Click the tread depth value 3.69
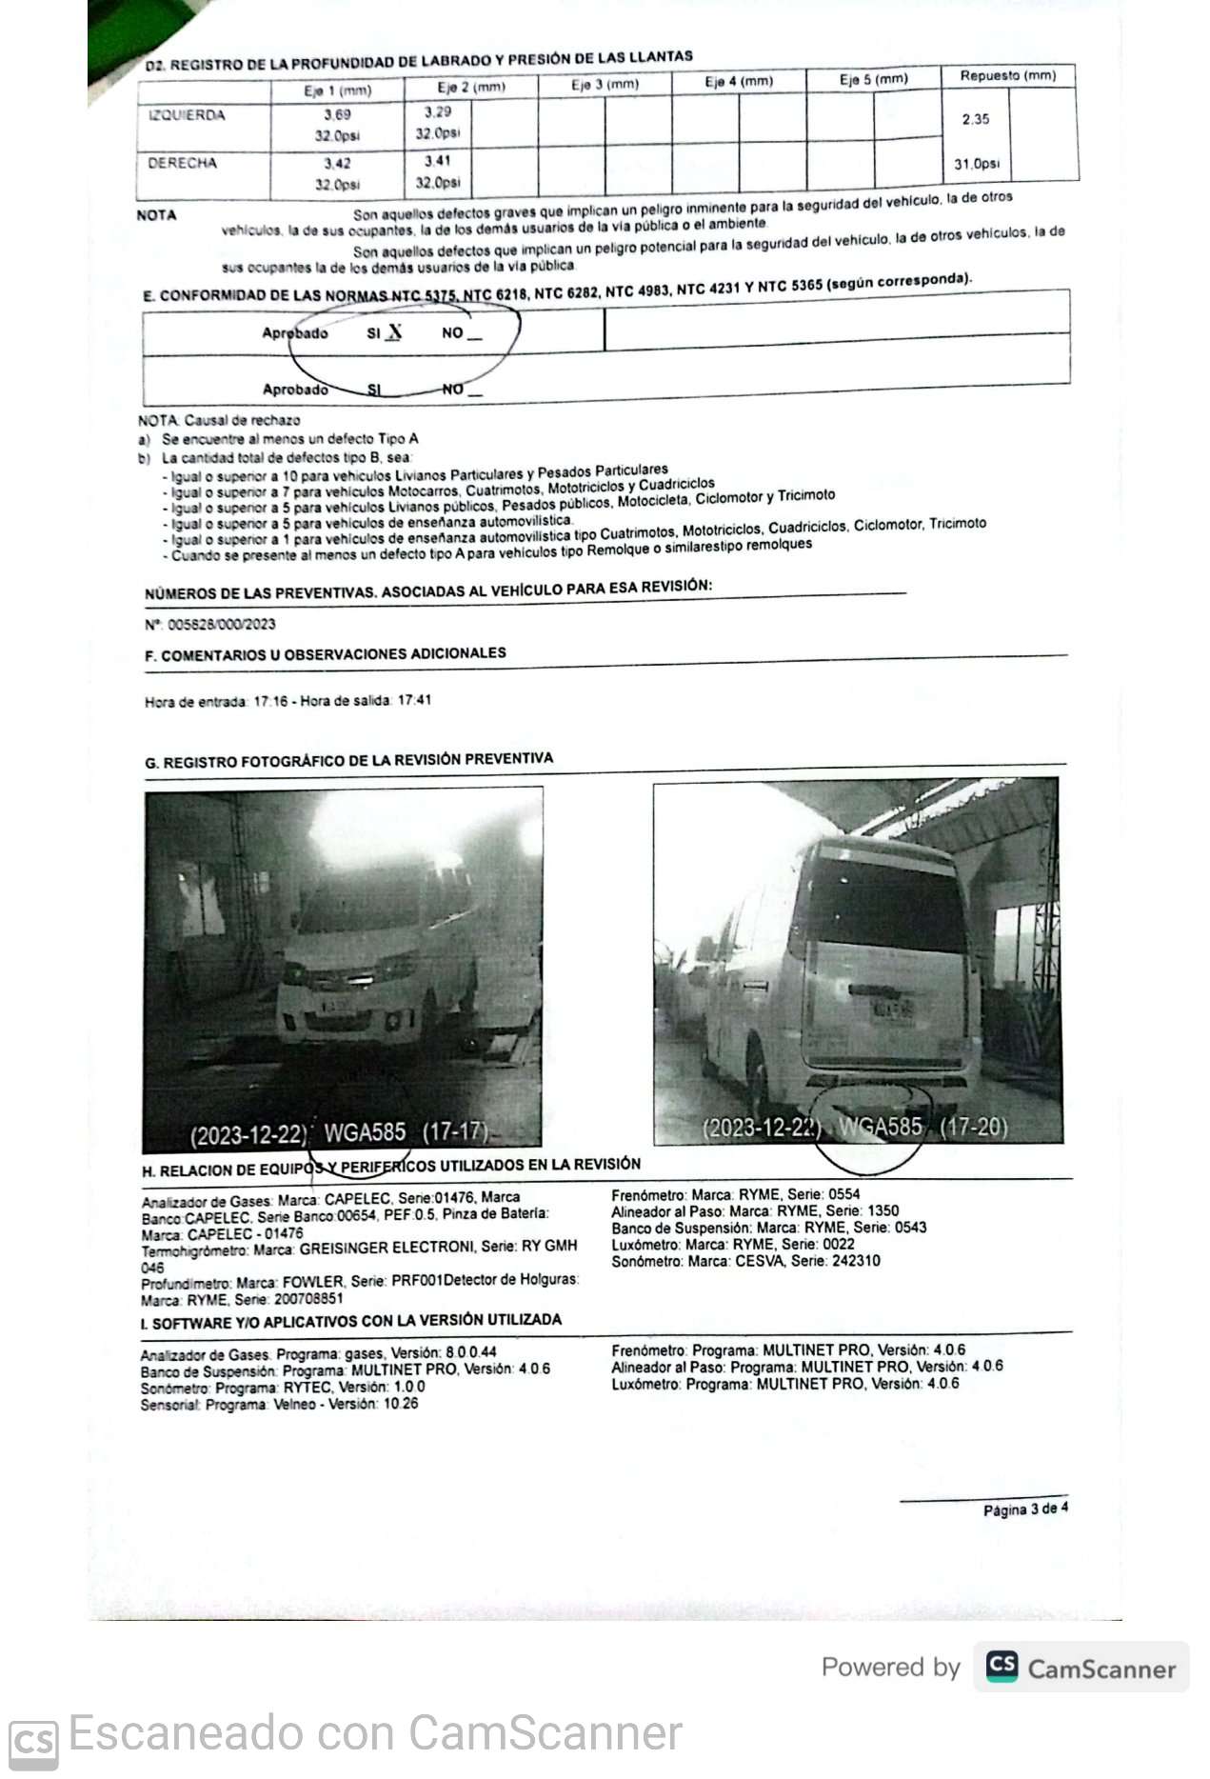coord(337,115)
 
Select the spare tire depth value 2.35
coord(975,119)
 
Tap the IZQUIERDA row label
coord(187,115)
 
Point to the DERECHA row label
coord(182,163)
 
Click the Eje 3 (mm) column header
coord(605,84)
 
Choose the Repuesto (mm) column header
coord(1008,75)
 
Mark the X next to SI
coord(394,331)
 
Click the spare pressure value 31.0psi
coord(977,164)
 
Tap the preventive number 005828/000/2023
coord(222,624)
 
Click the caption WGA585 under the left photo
coord(365,1132)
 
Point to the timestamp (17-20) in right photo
coord(973,1127)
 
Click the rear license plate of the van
coord(892,1010)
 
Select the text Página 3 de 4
coord(1025,1509)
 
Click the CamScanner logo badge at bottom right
coord(1081,1668)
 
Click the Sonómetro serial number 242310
coord(854,1261)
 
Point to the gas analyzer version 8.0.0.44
coord(470,1352)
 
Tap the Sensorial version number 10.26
coord(401,1404)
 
